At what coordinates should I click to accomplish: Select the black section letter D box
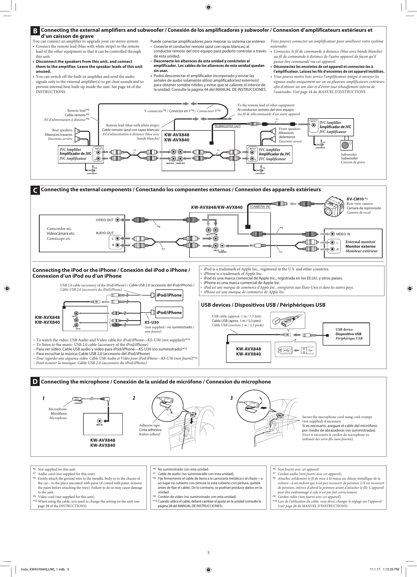[x=35, y=382]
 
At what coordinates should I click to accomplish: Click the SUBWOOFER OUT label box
[x=228, y=126]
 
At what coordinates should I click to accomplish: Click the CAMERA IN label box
[x=260, y=206]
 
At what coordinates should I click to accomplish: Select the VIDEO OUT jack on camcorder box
[x=117, y=220]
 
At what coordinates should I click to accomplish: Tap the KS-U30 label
[x=150, y=323]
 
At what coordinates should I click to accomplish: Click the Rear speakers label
[x=62, y=130]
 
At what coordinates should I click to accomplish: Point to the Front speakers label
[x=290, y=129]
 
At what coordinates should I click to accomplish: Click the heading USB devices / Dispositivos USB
[x=263, y=305]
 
